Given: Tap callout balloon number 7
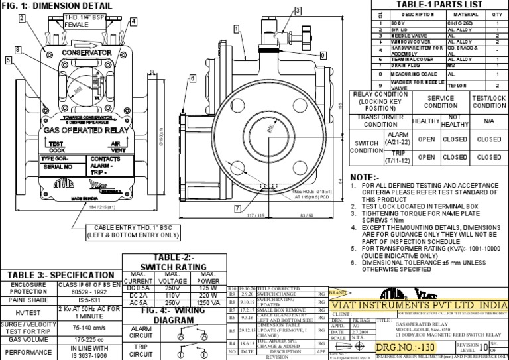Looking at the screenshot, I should point(237,208).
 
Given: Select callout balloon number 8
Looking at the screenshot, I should point(17,50).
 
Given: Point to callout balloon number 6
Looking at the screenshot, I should point(192,78).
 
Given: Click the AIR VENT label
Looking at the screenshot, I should point(115,147).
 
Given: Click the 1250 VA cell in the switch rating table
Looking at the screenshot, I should point(208,303).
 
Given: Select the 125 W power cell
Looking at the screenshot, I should point(208,288).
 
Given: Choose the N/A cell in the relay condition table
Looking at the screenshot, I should point(488,122).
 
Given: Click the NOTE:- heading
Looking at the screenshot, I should point(365,177).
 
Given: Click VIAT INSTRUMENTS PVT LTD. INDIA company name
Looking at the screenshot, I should point(418,304).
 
